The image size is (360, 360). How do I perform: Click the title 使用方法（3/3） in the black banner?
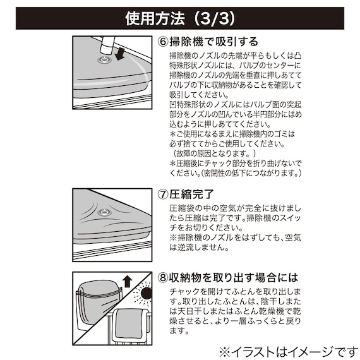pyautogui.click(x=179, y=18)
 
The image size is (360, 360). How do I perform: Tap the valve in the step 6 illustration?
pyautogui.click(x=101, y=61)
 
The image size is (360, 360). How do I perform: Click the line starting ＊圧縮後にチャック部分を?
pyautogui.click(x=236, y=163)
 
